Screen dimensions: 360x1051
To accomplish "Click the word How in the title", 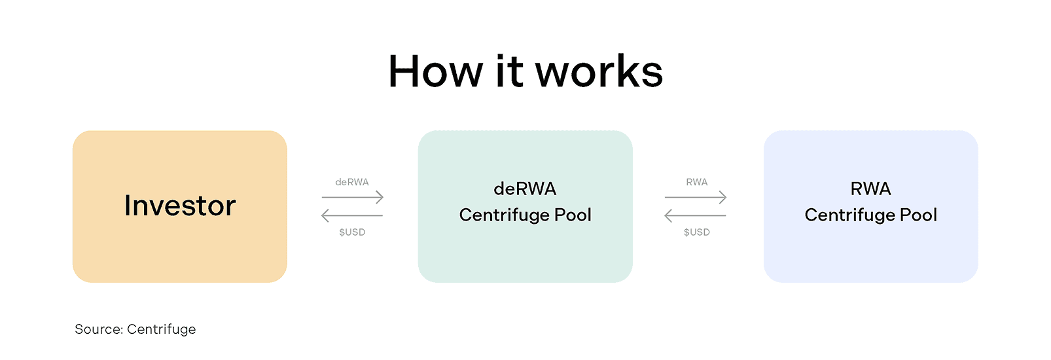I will pos(435,71).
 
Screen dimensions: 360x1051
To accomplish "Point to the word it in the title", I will pos(509,71).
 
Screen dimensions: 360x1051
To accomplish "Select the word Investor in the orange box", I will pos(180,206).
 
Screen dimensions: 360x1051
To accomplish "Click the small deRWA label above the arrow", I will pos(352,182).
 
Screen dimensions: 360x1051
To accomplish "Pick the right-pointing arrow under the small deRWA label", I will pos(352,197).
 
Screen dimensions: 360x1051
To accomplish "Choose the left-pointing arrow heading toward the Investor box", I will pos(352,215).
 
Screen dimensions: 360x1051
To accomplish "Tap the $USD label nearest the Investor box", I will pos(352,232).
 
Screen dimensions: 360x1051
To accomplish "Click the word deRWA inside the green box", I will pos(525,189).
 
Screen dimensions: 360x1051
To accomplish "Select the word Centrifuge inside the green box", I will pos(504,215).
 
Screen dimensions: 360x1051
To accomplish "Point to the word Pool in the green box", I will pos(573,215).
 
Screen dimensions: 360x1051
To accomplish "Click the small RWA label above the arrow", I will pos(696,182).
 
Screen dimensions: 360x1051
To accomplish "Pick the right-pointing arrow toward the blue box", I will pos(696,197).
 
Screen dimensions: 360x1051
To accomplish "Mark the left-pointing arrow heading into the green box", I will pos(696,215).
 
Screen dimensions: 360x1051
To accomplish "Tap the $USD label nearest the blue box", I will pos(696,232).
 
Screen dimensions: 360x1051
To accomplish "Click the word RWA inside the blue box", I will pos(870,189).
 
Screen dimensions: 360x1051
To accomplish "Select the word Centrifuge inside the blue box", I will pos(849,215).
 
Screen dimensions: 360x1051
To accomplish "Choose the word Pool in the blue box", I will pos(918,215).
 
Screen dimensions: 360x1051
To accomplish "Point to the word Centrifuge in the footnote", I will pos(162,329).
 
